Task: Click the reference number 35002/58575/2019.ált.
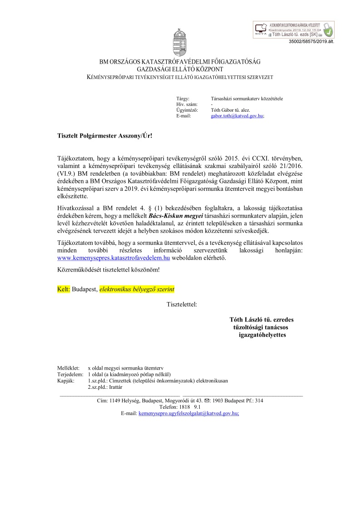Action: tap(311, 41)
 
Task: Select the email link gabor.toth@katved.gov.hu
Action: tap(237, 116)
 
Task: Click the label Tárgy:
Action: tap(182, 98)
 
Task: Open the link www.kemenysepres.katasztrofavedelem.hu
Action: tap(113, 257)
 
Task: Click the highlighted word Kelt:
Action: tap(64, 289)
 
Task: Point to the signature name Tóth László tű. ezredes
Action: tap(261, 320)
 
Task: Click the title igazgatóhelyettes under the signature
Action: tap(262, 335)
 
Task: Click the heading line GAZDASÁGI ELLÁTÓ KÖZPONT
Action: tap(180, 69)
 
